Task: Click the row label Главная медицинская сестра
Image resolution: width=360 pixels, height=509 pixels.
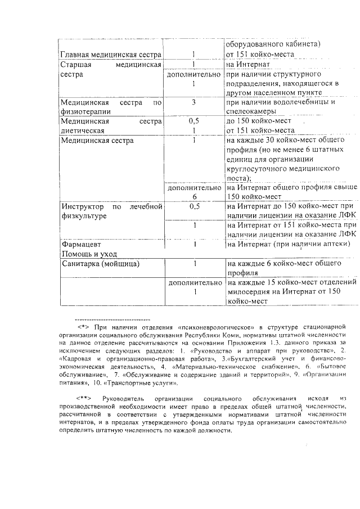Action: click(x=110, y=55)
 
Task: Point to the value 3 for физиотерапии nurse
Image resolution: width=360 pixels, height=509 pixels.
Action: click(x=193, y=102)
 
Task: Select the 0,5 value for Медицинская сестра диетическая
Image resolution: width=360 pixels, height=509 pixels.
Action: click(x=193, y=121)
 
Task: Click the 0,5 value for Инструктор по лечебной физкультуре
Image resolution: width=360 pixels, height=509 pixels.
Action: click(x=194, y=206)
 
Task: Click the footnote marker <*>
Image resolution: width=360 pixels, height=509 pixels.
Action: click(x=84, y=326)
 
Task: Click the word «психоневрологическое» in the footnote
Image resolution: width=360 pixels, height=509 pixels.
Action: click(x=214, y=326)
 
